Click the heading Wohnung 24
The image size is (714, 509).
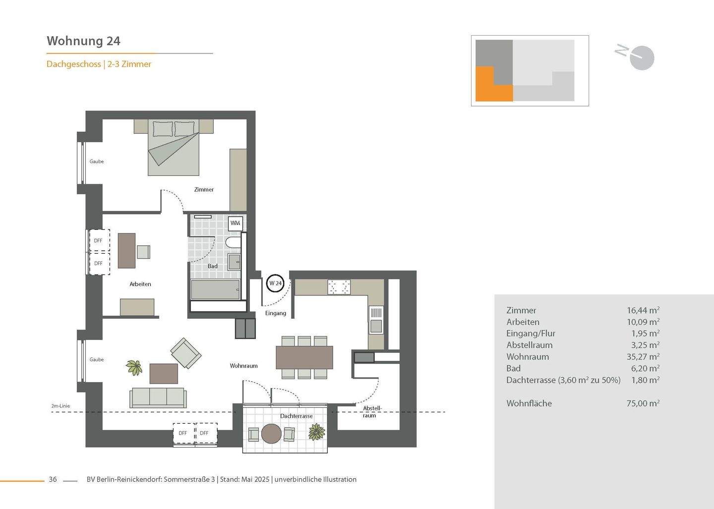[x=83, y=41]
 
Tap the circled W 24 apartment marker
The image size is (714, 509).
[x=275, y=283]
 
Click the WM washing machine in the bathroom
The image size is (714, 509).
[x=235, y=223]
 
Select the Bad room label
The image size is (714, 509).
[x=212, y=266]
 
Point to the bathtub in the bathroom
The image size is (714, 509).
[x=215, y=289]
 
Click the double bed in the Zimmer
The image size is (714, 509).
[x=174, y=148]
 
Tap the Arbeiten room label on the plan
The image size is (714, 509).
[x=140, y=284]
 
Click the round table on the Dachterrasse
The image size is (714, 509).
[x=271, y=434]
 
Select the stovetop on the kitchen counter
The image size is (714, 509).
[x=339, y=286]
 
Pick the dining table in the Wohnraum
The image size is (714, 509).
[x=304, y=357]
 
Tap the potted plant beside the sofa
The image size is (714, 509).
[x=134, y=367]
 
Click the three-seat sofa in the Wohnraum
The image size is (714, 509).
[x=158, y=397]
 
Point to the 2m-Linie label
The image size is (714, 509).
[x=60, y=406]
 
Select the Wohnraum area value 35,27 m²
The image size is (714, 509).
[x=643, y=356]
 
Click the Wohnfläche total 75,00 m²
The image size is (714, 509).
[x=643, y=403]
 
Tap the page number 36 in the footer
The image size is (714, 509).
[x=53, y=479]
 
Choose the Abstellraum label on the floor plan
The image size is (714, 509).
[x=372, y=412]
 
